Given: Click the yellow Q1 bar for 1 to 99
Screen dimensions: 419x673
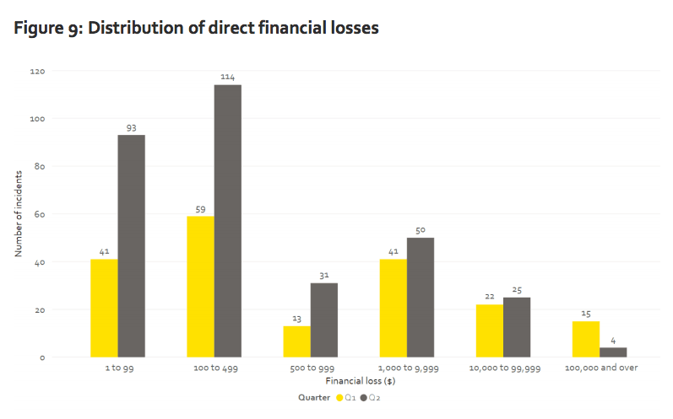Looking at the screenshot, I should tap(104, 308).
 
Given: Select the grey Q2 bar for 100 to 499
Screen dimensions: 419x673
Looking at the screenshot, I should tap(227, 221).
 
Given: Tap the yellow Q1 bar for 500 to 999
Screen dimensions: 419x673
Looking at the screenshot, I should tap(296, 341).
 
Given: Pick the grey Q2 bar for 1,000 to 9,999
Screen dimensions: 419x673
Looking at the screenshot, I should tap(421, 298).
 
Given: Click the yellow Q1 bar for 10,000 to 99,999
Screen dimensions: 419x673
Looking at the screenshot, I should tap(489, 330).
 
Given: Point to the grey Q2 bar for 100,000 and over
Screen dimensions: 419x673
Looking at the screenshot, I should tap(613, 352).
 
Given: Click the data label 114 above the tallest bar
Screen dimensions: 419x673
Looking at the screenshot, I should tap(227, 77).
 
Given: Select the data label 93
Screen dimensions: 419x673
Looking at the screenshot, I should tap(131, 127).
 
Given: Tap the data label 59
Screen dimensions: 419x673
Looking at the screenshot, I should tap(200, 208).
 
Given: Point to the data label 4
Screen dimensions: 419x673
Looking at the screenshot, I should tap(613, 340).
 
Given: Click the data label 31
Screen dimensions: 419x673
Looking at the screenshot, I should tap(323, 275).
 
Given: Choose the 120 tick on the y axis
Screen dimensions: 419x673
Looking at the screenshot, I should tap(38, 71).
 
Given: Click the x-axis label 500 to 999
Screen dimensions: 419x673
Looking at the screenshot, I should tap(310, 368).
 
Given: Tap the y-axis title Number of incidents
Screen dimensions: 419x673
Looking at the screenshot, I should tap(18, 214).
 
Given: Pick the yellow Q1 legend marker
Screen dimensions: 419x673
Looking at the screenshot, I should tap(340, 396).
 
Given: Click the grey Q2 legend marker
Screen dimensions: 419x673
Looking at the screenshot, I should tap(364, 396).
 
